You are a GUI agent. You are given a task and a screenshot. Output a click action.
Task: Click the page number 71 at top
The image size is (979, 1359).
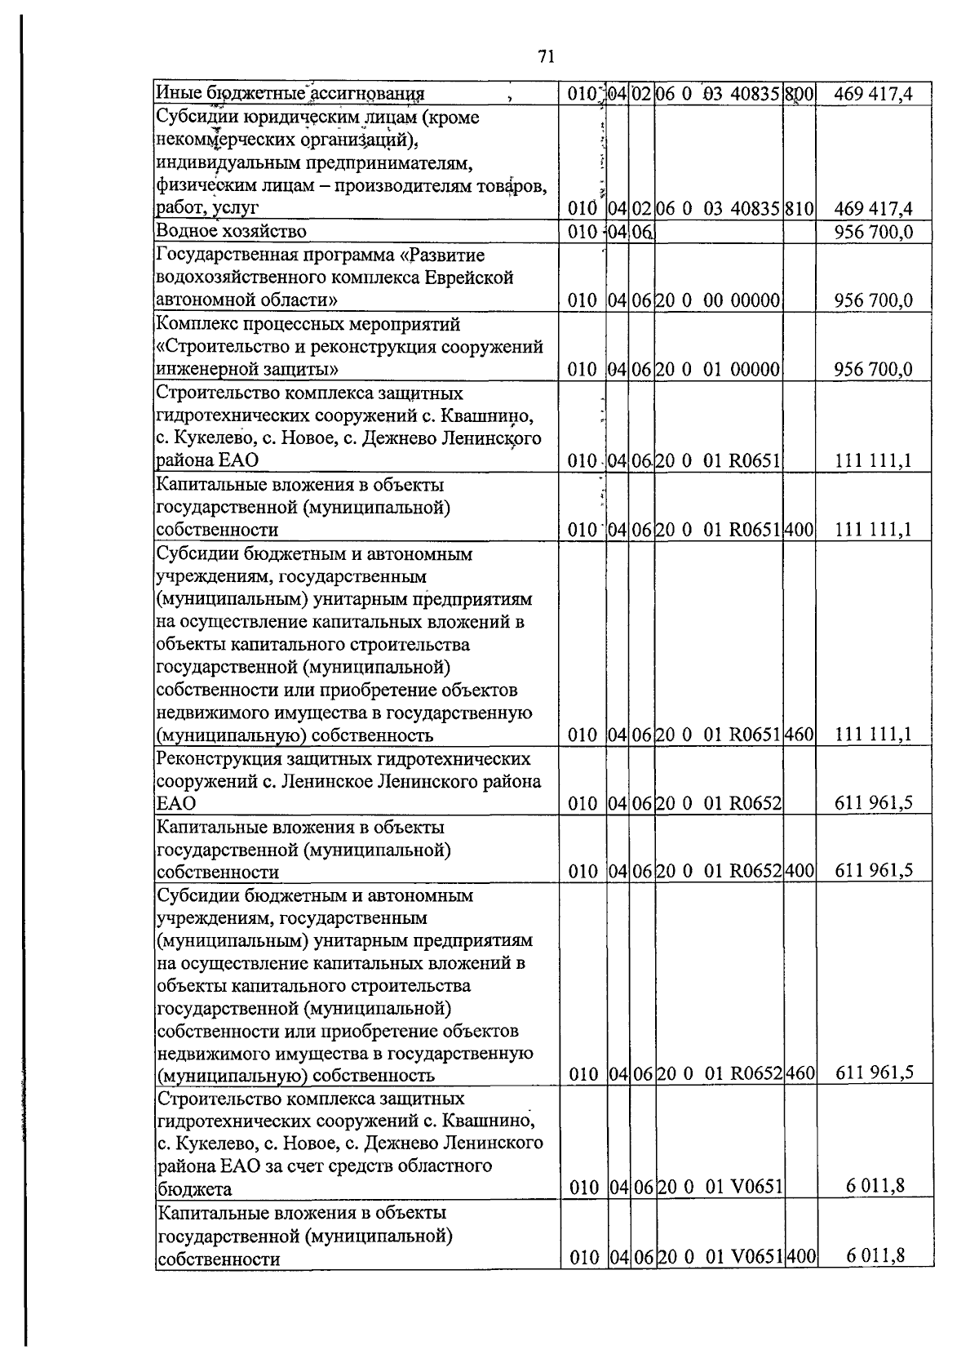pyautogui.click(x=546, y=56)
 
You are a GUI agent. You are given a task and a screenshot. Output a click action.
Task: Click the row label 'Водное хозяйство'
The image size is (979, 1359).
pyautogui.click(x=231, y=232)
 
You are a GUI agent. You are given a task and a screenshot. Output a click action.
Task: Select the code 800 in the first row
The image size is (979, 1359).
pyautogui.click(x=800, y=95)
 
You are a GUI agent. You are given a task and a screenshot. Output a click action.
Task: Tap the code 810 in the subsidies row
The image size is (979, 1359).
pyautogui.click(x=800, y=208)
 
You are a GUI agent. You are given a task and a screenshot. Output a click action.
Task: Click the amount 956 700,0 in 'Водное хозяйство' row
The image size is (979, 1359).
pyautogui.click(x=873, y=233)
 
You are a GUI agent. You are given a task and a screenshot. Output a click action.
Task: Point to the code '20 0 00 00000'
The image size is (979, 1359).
pyautogui.click(x=719, y=300)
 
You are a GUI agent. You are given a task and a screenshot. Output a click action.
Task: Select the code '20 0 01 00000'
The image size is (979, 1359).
pyautogui.click(x=719, y=369)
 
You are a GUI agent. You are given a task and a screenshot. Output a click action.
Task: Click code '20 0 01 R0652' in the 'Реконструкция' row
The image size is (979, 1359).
pyautogui.click(x=719, y=803)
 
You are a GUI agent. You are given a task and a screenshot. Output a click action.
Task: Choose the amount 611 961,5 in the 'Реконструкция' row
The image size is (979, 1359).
pyautogui.click(x=873, y=803)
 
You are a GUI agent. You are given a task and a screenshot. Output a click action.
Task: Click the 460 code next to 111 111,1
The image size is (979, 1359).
pyautogui.click(x=800, y=735)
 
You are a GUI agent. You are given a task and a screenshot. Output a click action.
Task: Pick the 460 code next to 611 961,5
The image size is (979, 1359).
pyautogui.click(x=800, y=1073)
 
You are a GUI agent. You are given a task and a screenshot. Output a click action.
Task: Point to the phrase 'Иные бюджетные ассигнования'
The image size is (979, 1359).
pyautogui.click(x=290, y=95)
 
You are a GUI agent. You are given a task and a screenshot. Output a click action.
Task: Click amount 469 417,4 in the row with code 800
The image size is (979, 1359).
pyautogui.click(x=873, y=95)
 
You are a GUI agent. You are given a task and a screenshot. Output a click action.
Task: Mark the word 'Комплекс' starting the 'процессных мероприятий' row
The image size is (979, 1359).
pyautogui.click(x=193, y=324)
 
